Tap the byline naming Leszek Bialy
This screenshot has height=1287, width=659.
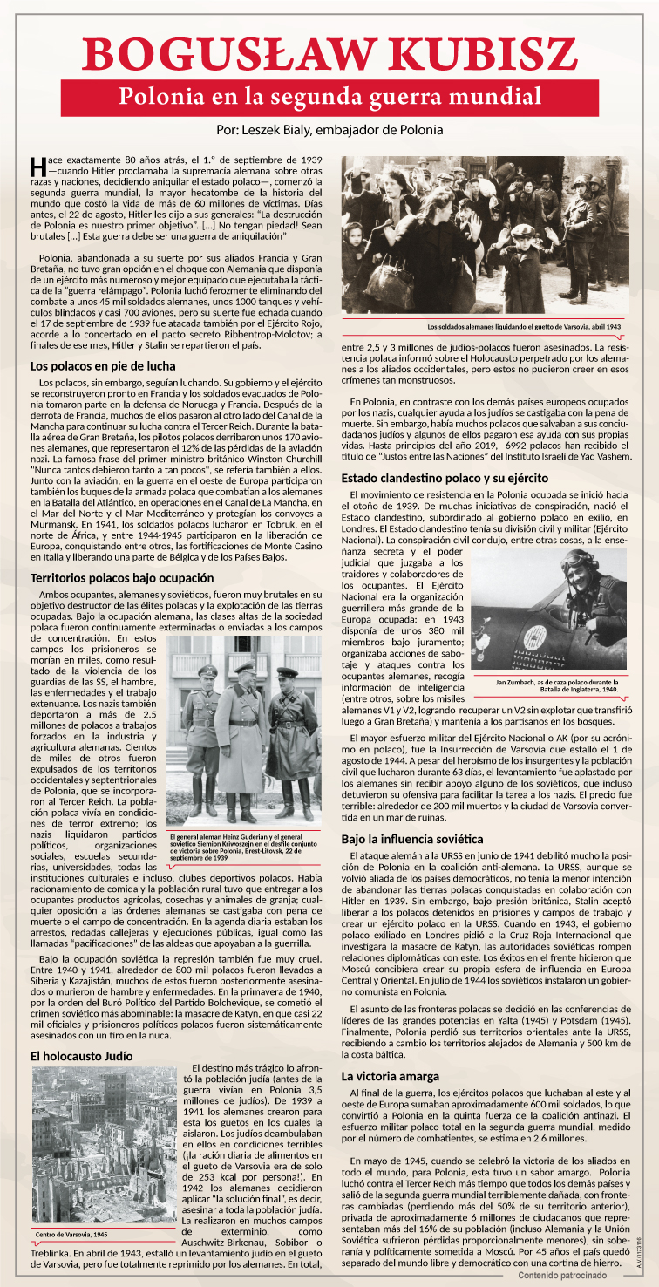329,129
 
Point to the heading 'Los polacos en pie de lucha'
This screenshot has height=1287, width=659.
102,367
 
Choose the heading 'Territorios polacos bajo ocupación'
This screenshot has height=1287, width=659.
122,578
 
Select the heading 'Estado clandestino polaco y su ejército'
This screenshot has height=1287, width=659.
445,478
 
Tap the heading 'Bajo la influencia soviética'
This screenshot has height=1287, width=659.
411,839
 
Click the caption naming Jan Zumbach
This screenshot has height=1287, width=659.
556,685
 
